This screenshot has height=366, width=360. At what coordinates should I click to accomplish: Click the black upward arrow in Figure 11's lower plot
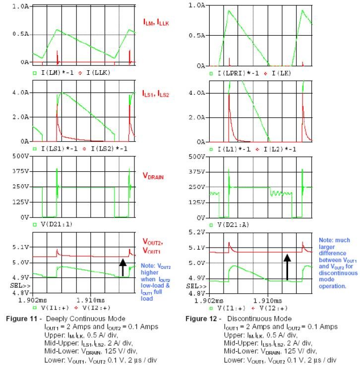[x=122, y=267]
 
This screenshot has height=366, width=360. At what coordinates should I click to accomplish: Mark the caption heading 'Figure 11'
[x=23, y=318]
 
